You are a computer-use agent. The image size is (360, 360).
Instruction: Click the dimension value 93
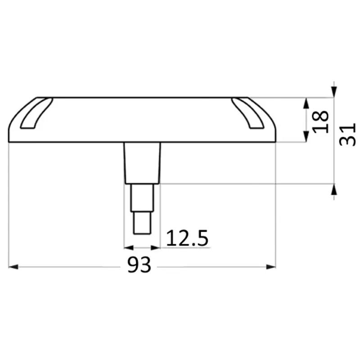click(139, 265)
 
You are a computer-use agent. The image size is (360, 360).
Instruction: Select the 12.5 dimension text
click(187, 238)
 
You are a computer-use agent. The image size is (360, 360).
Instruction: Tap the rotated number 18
click(320, 121)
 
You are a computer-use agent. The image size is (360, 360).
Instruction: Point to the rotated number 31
click(347, 134)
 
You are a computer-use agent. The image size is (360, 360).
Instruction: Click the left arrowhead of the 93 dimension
click(13, 267)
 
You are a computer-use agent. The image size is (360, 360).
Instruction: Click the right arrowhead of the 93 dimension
click(271, 267)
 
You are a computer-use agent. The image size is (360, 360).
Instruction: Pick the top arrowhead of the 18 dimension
click(306, 103)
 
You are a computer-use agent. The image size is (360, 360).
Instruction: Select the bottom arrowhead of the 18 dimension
click(306, 137)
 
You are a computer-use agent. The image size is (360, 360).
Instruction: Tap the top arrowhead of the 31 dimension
click(334, 92)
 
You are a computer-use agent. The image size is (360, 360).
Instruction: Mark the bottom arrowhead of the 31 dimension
click(334, 189)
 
